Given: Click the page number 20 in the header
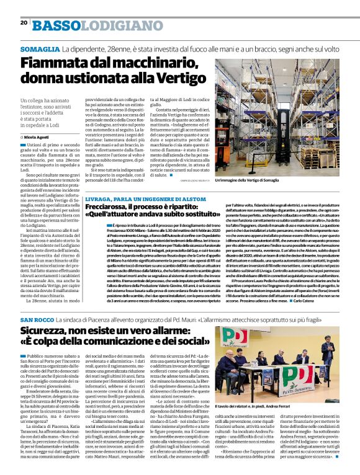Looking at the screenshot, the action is pos(24,23).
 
